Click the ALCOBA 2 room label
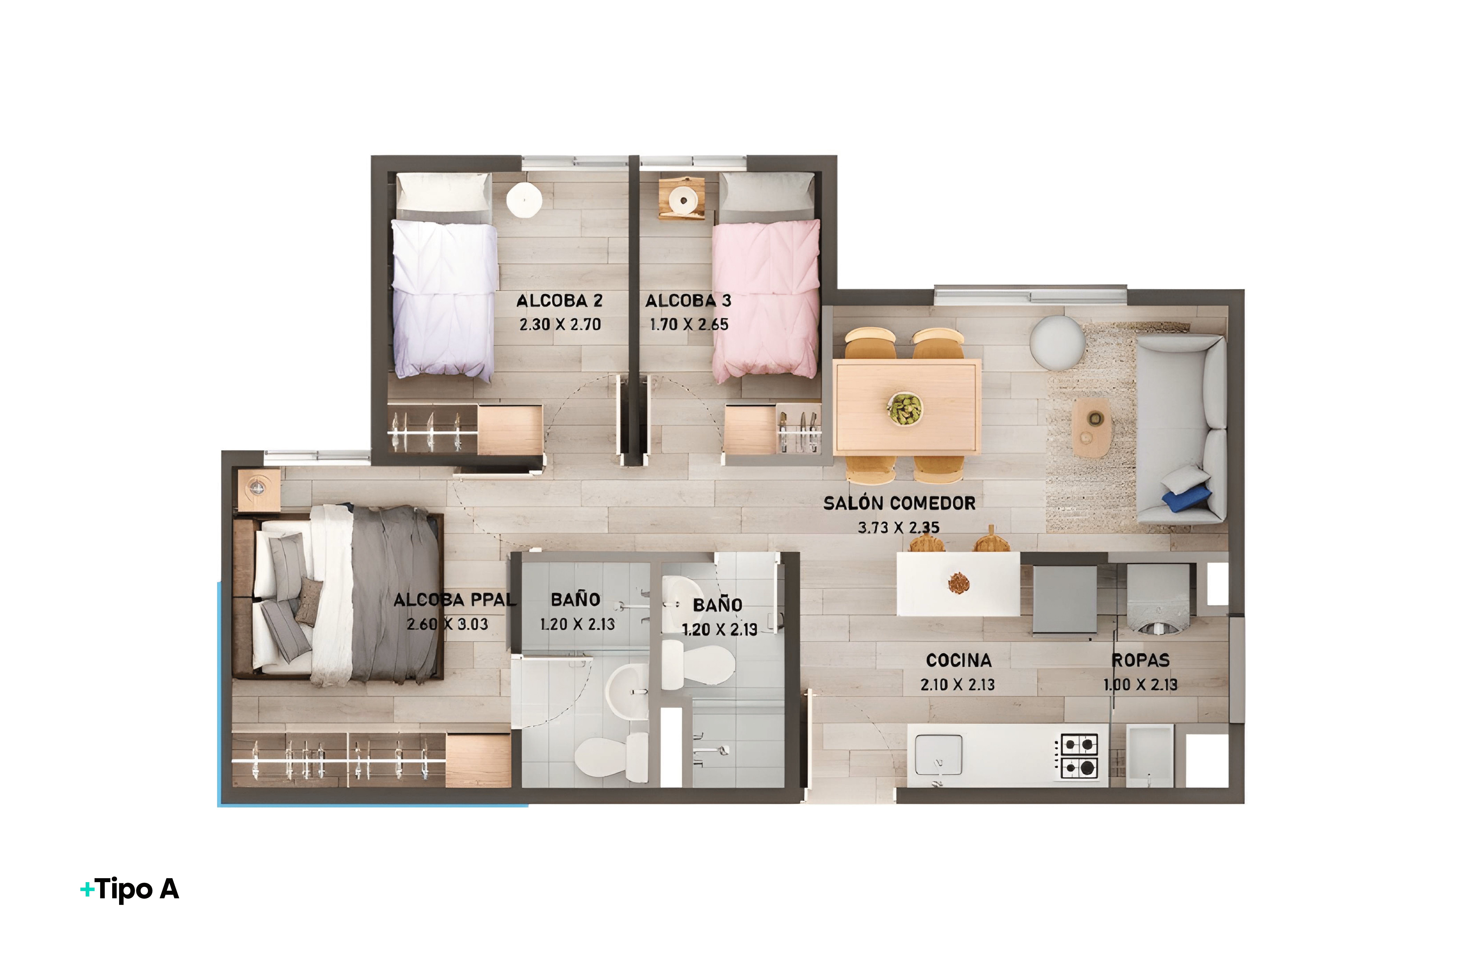tap(559, 301)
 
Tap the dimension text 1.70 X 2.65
tap(689, 325)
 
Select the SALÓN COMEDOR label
tap(899, 503)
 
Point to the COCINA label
tap(958, 660)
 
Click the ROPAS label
tap(1140, 660)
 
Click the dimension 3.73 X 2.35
tap(898, 528)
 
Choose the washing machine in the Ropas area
tap(1158, 598)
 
